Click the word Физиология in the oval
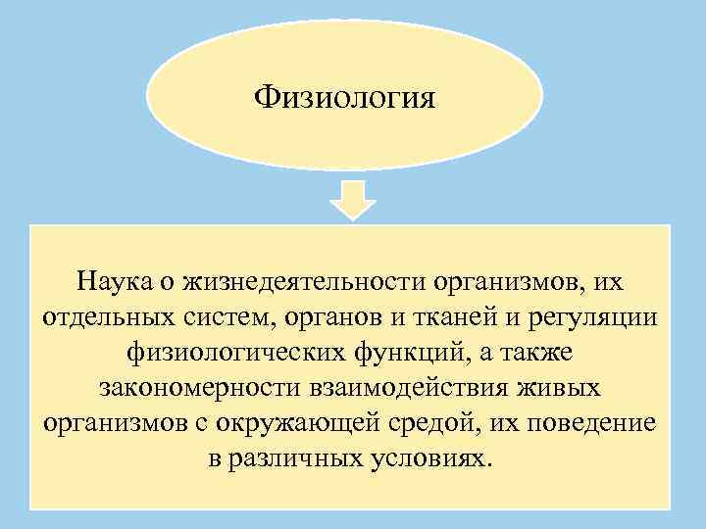point(345,99)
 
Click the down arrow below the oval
point(352,201)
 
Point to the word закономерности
point(189,389)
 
